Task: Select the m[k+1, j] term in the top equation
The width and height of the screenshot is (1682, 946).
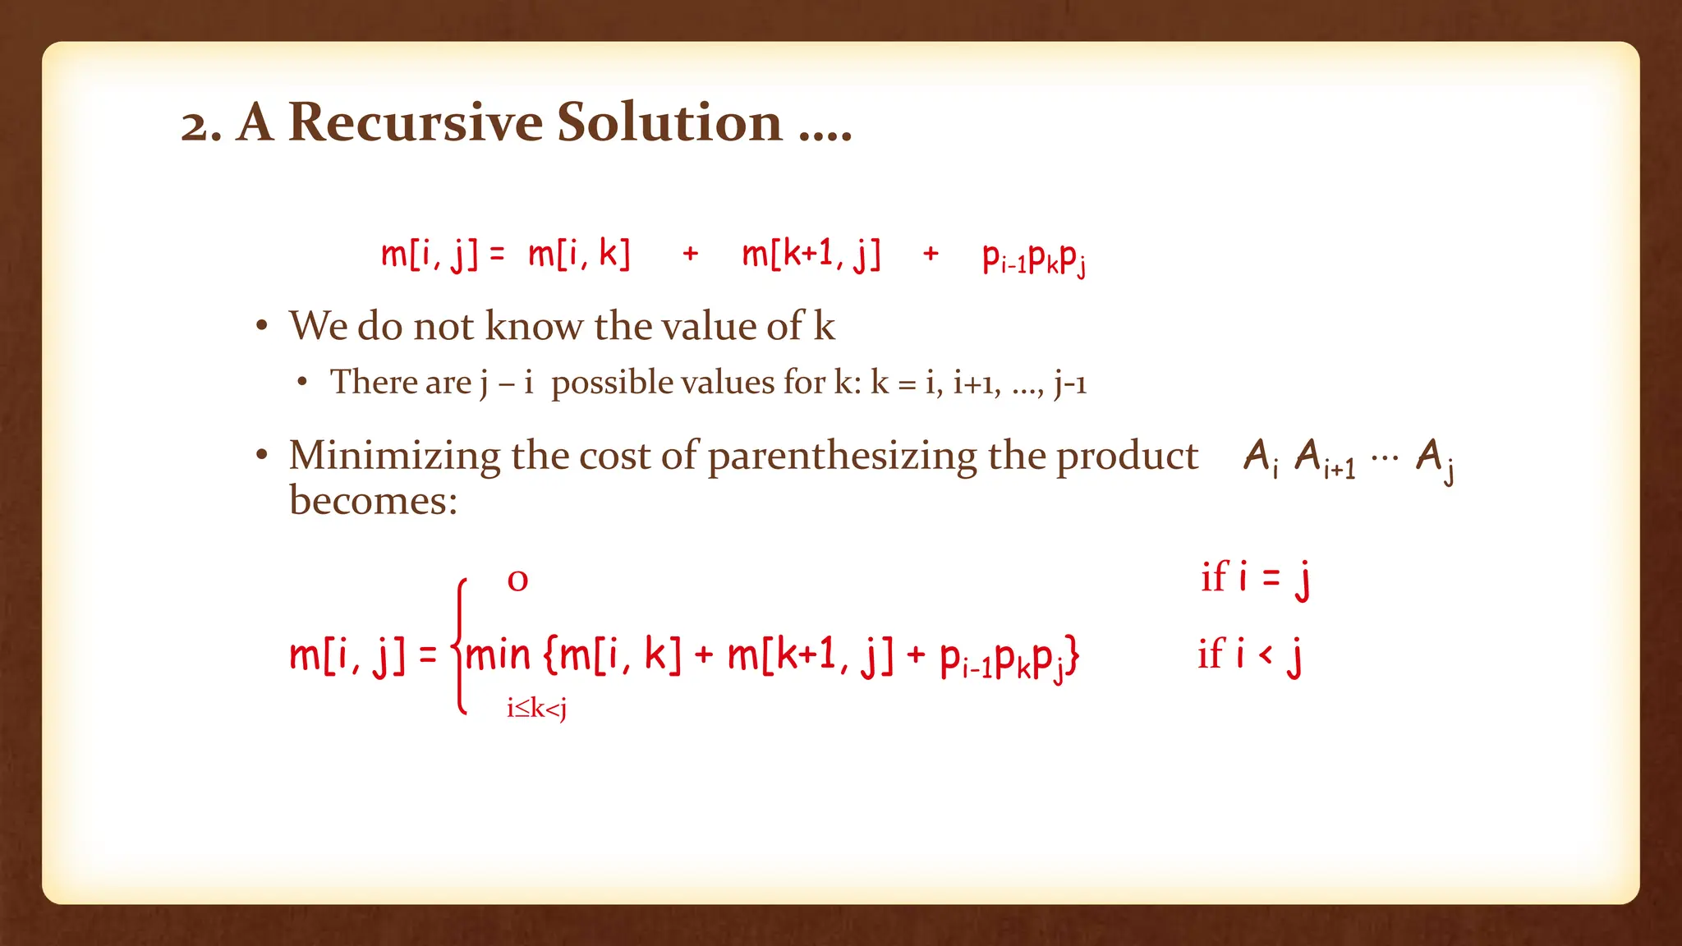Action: coord(811,254)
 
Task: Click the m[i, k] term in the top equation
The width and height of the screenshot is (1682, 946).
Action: coord(579,254)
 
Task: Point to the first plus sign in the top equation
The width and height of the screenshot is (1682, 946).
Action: coord(691,254)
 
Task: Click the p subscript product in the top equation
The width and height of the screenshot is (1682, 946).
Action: coord(1034,259)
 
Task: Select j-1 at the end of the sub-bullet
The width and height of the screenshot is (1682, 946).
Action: coord(1070,383)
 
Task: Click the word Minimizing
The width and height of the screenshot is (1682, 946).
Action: coord(394,456)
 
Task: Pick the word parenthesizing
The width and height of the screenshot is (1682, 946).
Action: coord(842,457)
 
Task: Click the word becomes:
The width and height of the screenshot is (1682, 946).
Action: coord(373,499)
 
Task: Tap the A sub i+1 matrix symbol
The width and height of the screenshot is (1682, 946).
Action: coord(1324,458)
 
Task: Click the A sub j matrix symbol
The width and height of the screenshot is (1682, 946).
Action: coord(1435,458)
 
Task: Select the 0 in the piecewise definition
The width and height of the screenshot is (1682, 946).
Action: coord(517,581)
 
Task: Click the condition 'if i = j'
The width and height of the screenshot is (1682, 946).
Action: coord(1254,577)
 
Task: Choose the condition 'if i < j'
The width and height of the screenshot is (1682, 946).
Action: coord(1249,655)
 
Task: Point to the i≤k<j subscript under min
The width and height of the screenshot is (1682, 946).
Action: coord(536,708)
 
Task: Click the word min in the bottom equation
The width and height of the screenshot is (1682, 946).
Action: coord(498,655)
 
